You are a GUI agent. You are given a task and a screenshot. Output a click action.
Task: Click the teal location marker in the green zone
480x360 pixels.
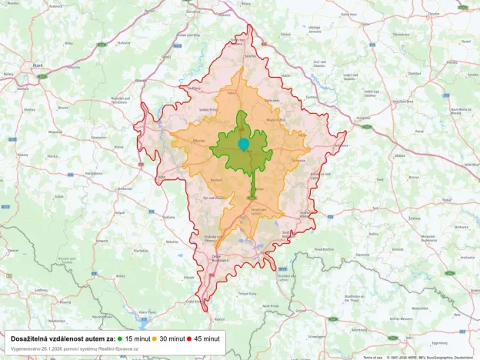pyautogui.click(x=244, y=144)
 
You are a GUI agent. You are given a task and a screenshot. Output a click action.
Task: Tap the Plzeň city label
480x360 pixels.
pyautogui.click(x=36, y=66)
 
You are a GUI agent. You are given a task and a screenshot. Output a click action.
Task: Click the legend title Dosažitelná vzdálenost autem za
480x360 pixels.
pyautogui.click(x=63, y=338)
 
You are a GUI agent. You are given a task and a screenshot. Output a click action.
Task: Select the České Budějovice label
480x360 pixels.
pyautogui.click(x=228, y=258)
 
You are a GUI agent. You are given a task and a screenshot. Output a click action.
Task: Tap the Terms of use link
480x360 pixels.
pyautogui.click(x=372, y=357)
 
